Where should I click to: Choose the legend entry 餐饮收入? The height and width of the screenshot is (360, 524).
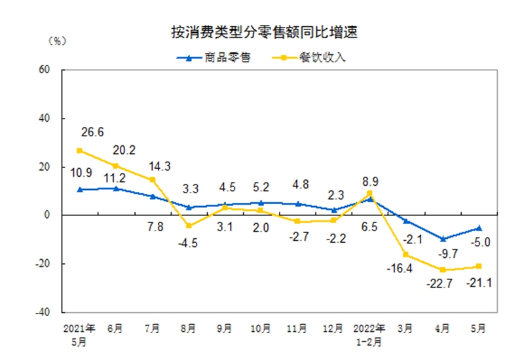[x=321, y=58]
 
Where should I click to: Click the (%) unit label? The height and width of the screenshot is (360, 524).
[x=58, y=41]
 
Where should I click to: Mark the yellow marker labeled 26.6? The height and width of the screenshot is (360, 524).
[x=79, y=151]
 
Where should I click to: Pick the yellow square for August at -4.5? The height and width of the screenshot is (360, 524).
[x=189, y=226]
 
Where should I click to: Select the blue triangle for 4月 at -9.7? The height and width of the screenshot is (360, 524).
[x=443, y=239]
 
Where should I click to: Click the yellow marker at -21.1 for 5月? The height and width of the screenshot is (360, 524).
[x=479, y=266]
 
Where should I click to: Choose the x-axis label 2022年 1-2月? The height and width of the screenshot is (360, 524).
[x=370, y=333]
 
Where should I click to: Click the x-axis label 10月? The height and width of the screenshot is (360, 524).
[x=261, y=329]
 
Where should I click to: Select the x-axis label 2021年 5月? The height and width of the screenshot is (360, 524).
[x=79, y=333]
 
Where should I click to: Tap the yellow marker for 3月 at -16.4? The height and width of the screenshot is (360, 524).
[x=406, y=255]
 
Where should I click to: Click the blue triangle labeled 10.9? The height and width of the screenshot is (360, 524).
[x=79, y=189]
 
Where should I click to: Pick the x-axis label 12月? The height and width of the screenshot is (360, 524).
[x=334, y=329]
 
